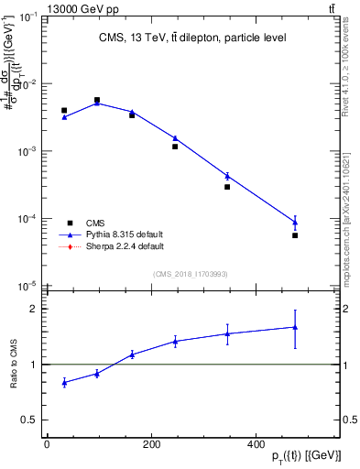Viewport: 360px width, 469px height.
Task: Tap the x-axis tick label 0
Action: [x=47, y=444]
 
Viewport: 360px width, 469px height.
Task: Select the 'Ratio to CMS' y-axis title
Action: [x=14, y=365]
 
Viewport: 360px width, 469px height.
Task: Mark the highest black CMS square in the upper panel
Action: [x=97, y=101]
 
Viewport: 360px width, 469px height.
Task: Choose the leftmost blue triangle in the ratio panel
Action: [x=64, y=382]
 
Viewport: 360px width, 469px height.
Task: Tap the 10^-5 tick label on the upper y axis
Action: [x=28, y=286]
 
